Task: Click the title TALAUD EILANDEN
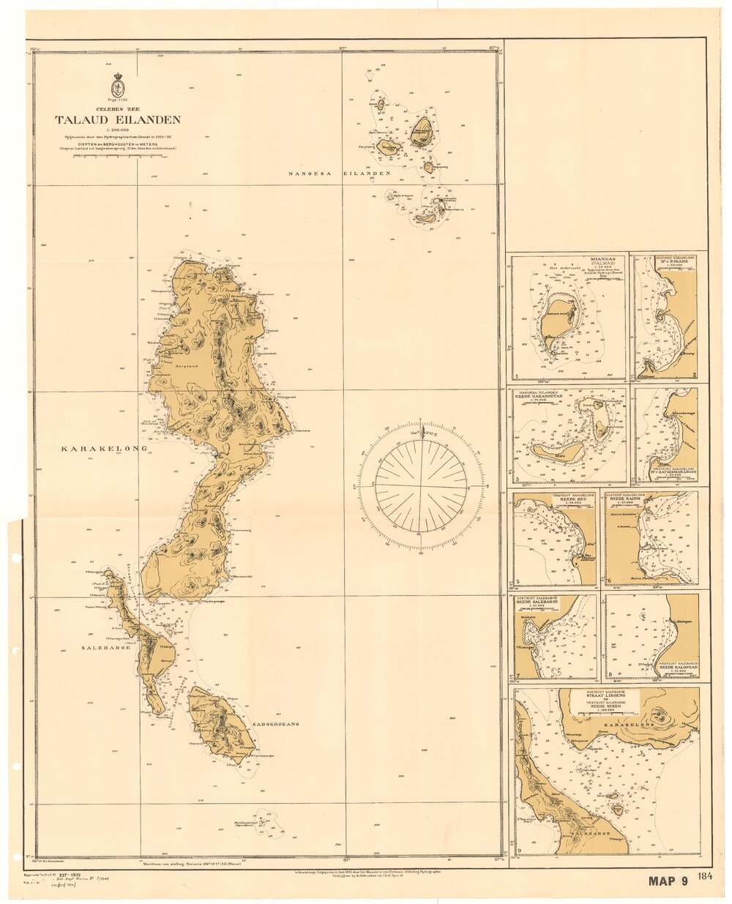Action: coord(117,120)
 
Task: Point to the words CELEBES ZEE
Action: coord(117,109)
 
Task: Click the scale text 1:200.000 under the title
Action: coord(117,130)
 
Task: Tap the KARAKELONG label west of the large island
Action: coord(104,448)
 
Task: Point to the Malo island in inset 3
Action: coord(559,452)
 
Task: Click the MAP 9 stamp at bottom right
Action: coord(668,881)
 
